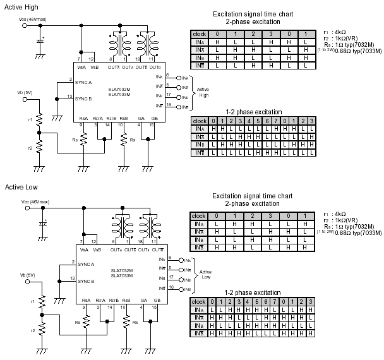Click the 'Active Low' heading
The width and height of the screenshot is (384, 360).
pyautogui.click(x=20, y=187)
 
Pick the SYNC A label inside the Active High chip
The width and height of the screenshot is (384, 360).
pyautogui.click(x=84, y=83)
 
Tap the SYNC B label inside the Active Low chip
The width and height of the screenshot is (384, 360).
pyautogui.click(x=84, y=281)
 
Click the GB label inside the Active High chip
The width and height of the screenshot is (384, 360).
pyautogui.click(x=152, y=117)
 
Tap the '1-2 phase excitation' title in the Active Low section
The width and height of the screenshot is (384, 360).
pyautogui.click(x=253, y=292)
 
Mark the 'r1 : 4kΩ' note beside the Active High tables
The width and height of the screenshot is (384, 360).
pyautogui.click(x=333, y=30)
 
